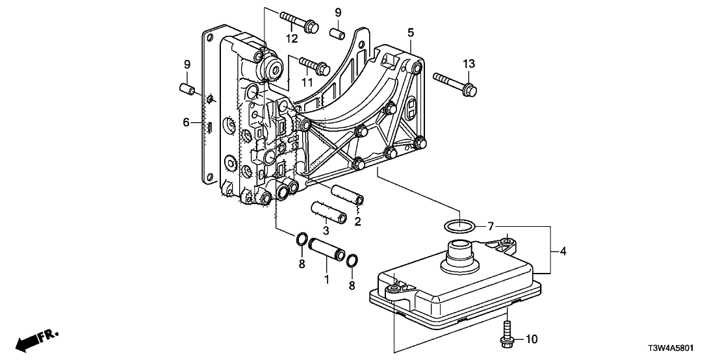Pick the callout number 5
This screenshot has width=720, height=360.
pyautogui.click(x=410, y=32)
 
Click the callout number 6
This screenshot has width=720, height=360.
pyautogui.click(x=185, y=122)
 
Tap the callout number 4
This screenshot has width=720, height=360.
pyautogui.click(x=562, y=251)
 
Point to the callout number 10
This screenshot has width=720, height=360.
pyautogui.click(x=531, y=339)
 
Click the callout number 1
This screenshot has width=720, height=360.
pyautogui.click(x=327, y=279)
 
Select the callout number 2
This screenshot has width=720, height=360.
pyautogui.click(x=357, y=222)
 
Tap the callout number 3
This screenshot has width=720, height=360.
pyautogui.click(x=327, y=231)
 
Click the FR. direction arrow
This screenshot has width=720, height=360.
pyautogui.click(x=36, y=340)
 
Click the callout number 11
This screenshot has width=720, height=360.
pyautogui.click(x=307, y=83)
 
